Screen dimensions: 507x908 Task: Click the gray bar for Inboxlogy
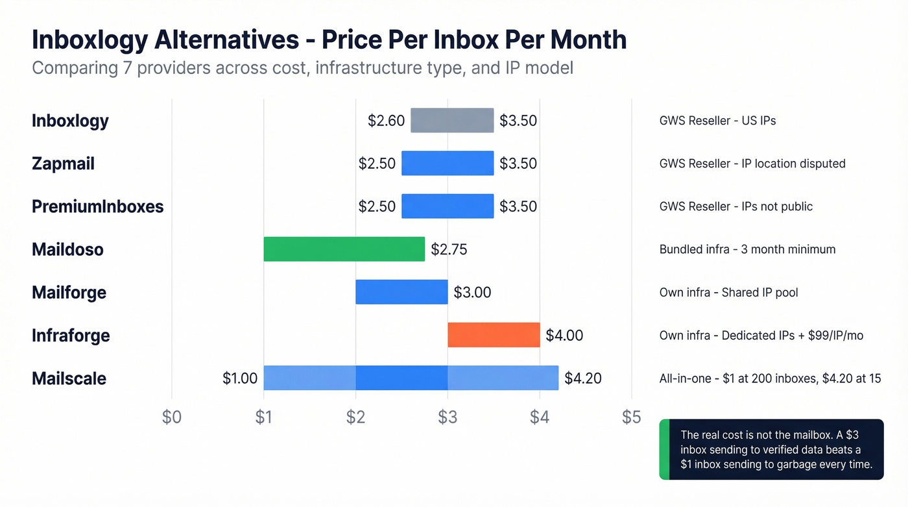pyautogui.click(x=452, y=120)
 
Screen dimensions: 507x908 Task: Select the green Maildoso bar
pyautogui.click(x=344, y=249)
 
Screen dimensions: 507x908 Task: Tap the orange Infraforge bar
pyautogui.click(x=494, y=335)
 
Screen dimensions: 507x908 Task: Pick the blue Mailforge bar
pyautogui.click(x=401, y=292)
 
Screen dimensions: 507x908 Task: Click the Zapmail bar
pyautogui.click(x=448, y=163)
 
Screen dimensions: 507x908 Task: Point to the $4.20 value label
pyautogui.click(x=583, y=378)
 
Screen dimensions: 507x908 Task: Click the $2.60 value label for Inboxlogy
pyautogui.click(x=386, y=120)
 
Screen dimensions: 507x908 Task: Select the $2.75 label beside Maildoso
pyautogui.click(x=449, y=249)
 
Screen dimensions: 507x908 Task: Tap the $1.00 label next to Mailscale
pyautogui.click(x=240, y=378)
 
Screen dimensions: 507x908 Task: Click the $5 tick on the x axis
pyautogui.click(x=631, y=417)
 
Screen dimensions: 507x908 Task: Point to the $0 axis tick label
pyautogui.click(x=171, y=417)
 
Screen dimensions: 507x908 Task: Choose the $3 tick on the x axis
pyautogui.click(x=448, y=417)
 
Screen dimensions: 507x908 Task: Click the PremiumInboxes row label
pyautogui.click(x=97, y=206)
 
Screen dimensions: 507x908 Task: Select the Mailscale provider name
pyautogui.click(x=69, y=378)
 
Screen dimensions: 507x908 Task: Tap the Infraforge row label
pyautogui.click(x=71, y=335)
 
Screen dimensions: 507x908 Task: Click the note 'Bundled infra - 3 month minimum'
pyautogui.click(x=747, y=249)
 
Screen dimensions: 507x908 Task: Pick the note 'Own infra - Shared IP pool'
pyautogui.click(x=728, y=292)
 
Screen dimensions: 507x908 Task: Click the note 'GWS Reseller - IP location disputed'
pyautogui.click(x=752, y=164)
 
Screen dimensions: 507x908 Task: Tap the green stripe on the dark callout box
pyautogui.click(x=663, y=449)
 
